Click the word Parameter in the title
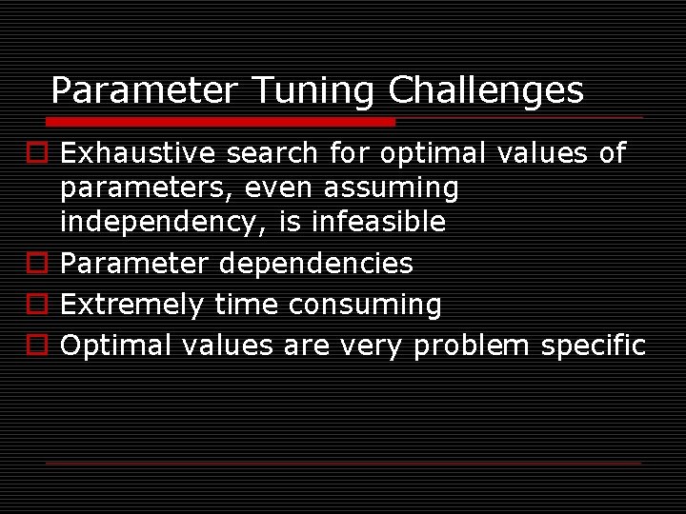(x=143, y=90)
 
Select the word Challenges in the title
(x=486, y=90)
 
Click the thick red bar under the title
(x=220, y=122)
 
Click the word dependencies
(x=315, y=264)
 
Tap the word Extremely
(x=131, y=305)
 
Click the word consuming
(x=365, y=305)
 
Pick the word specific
(x=593, y=346)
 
